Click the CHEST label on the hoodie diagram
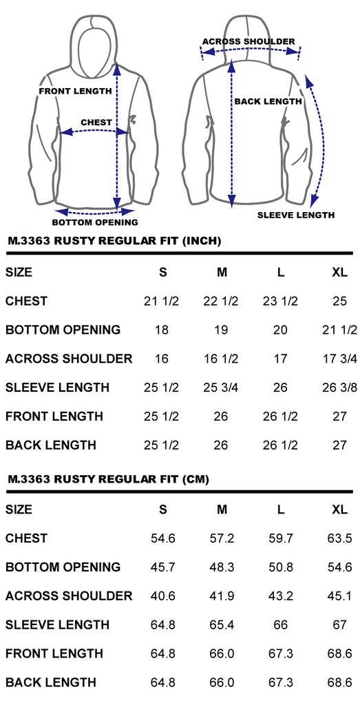(96, 123)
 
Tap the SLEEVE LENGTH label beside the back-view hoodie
(296, 215)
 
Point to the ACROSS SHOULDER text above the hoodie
(248, 42)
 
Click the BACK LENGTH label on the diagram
(268, 102)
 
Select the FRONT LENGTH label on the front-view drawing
(76, 92)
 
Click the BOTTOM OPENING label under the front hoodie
(95, 222)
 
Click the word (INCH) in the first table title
(202, 241)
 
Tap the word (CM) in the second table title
(195, 480)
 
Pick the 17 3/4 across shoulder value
(339, 359)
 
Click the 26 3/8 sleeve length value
(339, 388)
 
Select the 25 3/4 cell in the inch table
(221, 388)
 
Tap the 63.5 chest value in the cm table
(340, 538)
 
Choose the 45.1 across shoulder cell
(340, 596)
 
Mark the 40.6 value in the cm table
(162, 596)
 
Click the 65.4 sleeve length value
(222, 624)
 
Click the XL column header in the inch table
(340, 273)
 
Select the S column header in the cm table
(162, 509)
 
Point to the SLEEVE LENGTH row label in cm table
(58, 624)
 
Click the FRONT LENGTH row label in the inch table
(54, 417)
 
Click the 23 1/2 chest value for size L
(280, 302)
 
